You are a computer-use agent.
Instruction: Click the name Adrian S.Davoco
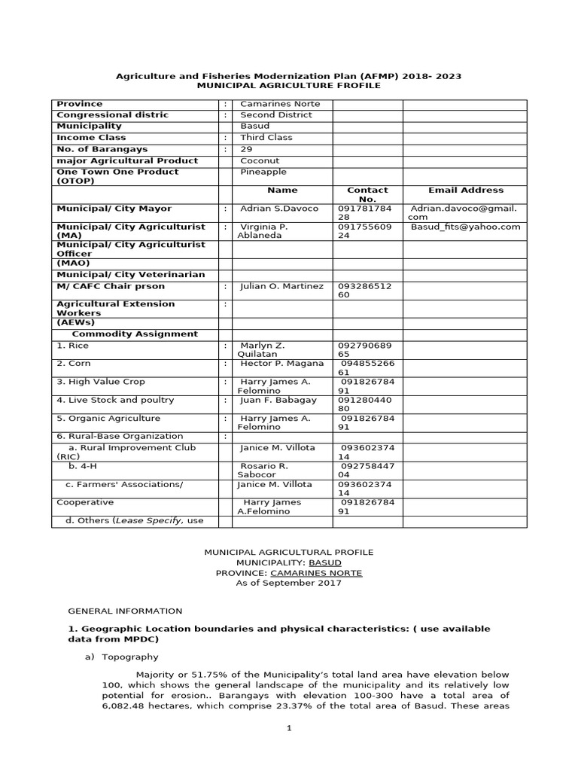click(279, 209)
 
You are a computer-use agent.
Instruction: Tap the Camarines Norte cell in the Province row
click(269, 104)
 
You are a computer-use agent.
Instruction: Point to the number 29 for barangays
click(246, 149)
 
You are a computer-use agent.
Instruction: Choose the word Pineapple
click(264, 172)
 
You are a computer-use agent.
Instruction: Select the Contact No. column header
click(367, 195)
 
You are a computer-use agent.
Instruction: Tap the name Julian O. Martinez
click(281, 286)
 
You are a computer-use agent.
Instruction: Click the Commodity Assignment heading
click(135, 334)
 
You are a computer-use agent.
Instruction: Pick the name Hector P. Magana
click(282, 364)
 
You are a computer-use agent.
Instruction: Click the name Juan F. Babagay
click(278, 400)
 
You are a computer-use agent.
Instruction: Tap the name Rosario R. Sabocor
click(263, 471)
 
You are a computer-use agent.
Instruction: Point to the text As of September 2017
click(288, 583)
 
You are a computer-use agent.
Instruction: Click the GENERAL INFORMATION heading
click(125, 611)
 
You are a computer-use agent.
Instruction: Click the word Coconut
click(260, 160)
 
